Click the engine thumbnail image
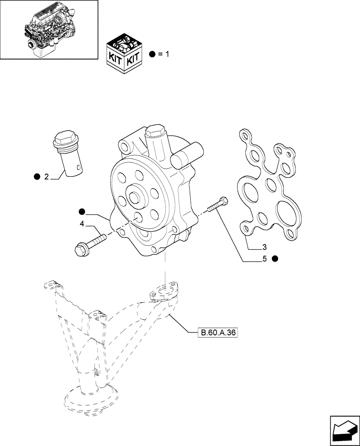pyautogui.click(x=49, y=29)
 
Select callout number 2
pyautogui.click(x=46, y=177)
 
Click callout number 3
pyautogui.click(x=264, y=246)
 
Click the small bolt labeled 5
pyautogui.click(x=218, y=205)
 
